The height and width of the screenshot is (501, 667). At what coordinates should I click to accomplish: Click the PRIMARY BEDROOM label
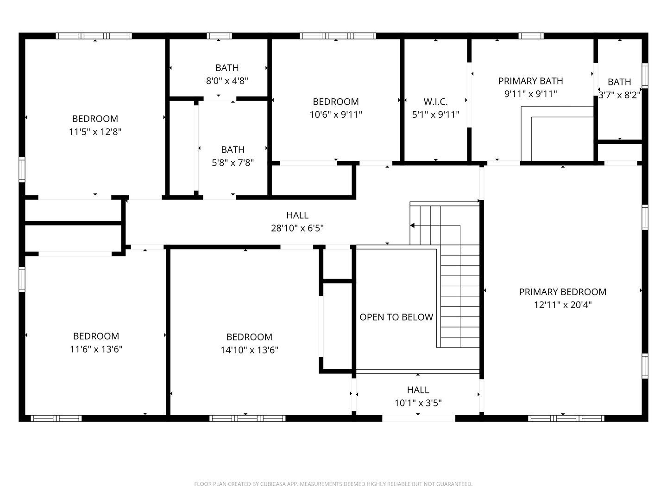[x=562, y=292]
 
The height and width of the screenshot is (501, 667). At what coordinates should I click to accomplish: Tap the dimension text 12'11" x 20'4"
[x=562, y=305]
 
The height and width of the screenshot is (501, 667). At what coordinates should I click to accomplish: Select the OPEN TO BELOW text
[x=396, y=317]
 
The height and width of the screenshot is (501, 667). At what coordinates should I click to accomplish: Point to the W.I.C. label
[x=435, y=102]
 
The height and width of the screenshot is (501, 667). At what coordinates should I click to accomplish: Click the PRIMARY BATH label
[x=530, y=81]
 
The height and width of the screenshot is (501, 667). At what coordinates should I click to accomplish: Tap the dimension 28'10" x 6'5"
[x=297, y=228]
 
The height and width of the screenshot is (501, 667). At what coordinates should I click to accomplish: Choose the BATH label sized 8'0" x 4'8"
[x=227, y=68]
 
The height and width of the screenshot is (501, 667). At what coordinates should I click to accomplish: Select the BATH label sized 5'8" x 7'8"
[x=233, y=149]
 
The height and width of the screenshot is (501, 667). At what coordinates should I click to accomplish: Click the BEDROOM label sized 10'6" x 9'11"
[x=335, y=102]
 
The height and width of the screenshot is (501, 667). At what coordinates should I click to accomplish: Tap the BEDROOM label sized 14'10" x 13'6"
[x=249, y=337]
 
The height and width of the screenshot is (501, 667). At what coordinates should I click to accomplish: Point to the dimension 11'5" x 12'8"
[x=95, y=132]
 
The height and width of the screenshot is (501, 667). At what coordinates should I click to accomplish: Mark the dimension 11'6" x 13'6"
[x=96, y=349]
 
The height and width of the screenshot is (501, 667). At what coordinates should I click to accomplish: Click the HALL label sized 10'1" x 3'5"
[x=418, y=390]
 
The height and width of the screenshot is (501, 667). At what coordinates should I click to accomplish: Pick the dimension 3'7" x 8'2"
[x=619, y=95]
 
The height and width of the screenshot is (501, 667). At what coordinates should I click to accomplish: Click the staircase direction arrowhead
[x=412, y=225]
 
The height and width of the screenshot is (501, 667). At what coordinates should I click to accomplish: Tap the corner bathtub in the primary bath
[x=558, y=135]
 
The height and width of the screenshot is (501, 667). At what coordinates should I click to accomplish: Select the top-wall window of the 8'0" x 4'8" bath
[x=219, y=36]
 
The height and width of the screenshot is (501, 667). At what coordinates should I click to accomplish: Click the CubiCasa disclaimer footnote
[x=333, y=484]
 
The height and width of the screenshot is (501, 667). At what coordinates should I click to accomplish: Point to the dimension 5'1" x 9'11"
[x=435, y=115]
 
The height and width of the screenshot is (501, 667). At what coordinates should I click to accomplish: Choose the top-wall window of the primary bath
[x=531, y=36]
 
